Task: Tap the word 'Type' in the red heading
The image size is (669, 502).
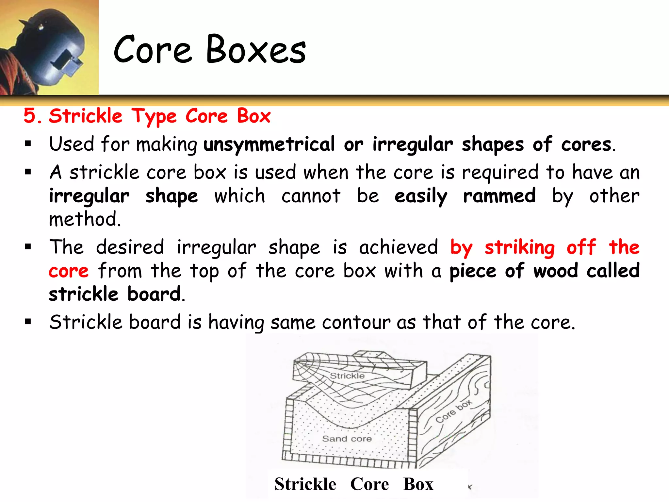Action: [154, 116]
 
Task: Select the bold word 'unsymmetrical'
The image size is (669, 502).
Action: [269, 144]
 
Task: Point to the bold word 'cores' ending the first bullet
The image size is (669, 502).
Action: [586, 144]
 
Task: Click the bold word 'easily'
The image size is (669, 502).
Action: [421, 196]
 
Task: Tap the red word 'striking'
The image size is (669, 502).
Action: [519, 247]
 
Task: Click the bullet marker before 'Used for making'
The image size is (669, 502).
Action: [28, 144]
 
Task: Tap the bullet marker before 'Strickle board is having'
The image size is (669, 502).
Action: [28, 322]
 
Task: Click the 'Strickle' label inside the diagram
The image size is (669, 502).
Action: [347, 376]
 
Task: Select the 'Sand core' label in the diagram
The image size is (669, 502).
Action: [347, 439]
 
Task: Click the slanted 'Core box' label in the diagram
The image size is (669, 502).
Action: [453, 411]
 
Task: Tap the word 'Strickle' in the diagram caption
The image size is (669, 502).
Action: [305, 484]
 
